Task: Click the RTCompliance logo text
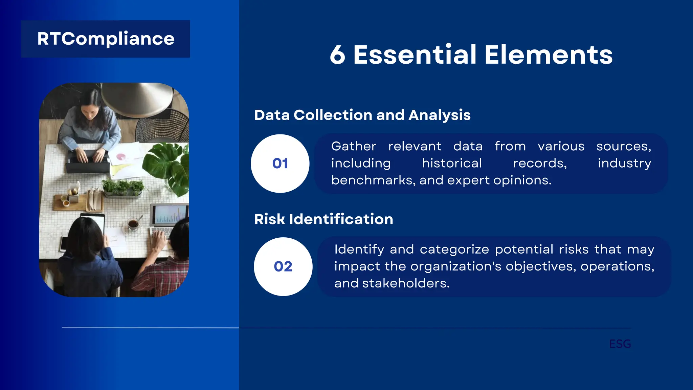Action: [106, 39]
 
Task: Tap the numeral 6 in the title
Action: [337, 55]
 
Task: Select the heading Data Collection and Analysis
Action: [362, 115]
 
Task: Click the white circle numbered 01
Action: [280, 164]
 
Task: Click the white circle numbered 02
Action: [283, 266]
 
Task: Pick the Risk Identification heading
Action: [323, 219]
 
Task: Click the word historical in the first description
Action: [452, 163]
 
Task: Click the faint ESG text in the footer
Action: [620, 344]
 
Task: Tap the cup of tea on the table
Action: [133, 224]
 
